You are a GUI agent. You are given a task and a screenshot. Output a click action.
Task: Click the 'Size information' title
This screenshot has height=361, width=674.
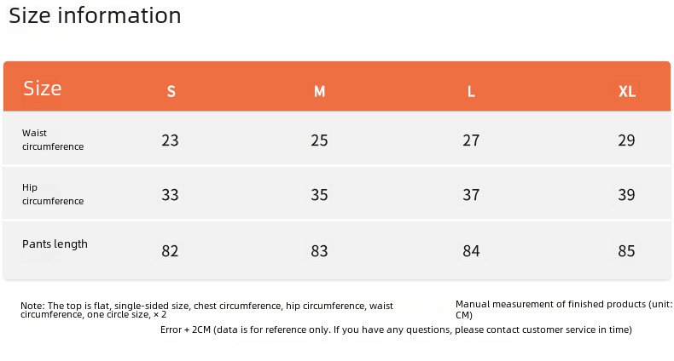[95, 16]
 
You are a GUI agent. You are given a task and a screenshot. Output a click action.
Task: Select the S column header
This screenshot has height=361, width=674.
[171, 91]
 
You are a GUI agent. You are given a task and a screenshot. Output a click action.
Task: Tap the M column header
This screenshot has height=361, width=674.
[319, 91]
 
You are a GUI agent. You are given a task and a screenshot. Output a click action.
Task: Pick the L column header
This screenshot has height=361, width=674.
[471, 91]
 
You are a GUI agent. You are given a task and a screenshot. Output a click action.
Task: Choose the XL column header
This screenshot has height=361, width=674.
[627, 91]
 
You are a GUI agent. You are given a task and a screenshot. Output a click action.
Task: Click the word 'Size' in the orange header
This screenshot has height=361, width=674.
[43, 89]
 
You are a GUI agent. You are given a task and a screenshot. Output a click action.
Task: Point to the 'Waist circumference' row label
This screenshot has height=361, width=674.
[53, 140]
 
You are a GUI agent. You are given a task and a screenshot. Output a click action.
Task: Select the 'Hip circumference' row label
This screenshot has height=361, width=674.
[53, 194]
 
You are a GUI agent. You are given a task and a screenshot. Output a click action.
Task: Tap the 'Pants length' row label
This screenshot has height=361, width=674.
[55, 244]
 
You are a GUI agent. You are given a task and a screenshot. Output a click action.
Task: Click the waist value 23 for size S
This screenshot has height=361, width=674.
[171, 140]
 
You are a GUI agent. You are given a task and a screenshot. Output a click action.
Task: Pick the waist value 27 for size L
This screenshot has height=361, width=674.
[471, 140]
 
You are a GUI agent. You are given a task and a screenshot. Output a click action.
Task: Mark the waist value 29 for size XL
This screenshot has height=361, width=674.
[627, 140]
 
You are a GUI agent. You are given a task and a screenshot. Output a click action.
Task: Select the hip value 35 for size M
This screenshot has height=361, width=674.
[319, 195]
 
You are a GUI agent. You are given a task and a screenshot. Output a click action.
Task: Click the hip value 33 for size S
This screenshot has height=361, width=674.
[171, 195]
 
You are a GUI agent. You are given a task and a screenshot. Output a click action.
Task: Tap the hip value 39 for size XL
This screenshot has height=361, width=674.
[627, 195]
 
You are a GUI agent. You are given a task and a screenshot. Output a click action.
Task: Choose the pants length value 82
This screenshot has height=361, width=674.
[171, 251]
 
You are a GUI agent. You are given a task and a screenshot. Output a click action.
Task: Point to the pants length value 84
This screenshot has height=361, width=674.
[471, 251]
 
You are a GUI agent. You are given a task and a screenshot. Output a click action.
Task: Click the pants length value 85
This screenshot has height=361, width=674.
[627, 251]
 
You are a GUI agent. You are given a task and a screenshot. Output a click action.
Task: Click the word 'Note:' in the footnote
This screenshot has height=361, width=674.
[32, 306]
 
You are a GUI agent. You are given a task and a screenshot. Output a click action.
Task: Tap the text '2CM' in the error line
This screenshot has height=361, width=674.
[201, 329]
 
